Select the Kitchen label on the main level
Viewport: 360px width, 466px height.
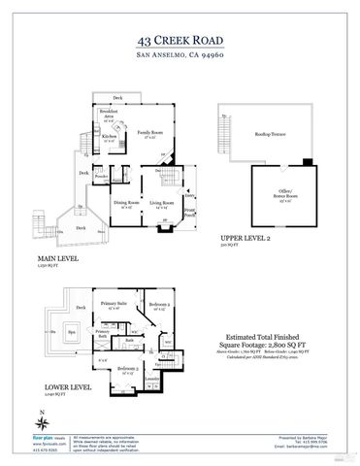(x=110, y=137)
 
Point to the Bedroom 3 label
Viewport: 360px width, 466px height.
(x=129, y=368)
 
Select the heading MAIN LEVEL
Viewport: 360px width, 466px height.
(x=57, y=259)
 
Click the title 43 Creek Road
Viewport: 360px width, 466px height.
(x=180, y=41)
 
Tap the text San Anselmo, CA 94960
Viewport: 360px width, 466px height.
(x=180, y=56)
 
